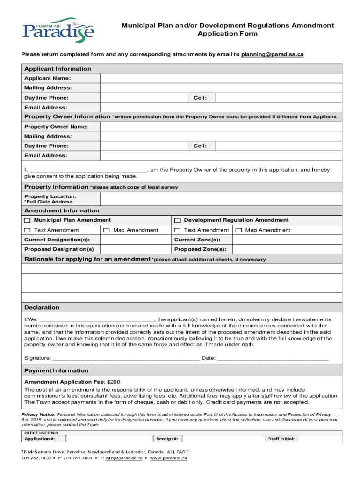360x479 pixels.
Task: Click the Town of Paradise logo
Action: [x=58, y=30]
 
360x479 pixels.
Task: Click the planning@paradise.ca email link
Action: [x=273, y=54]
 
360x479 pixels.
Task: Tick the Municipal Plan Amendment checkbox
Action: [x=27, y=220]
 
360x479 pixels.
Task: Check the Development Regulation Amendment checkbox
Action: [x=178, y=220]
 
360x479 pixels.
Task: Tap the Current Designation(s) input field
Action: [x=135, y=239]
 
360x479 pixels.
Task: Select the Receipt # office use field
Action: [x=222, y=439]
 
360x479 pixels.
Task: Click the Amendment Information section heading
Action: [x=62, y=210]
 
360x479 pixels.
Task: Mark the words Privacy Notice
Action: [x=38, y=415]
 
